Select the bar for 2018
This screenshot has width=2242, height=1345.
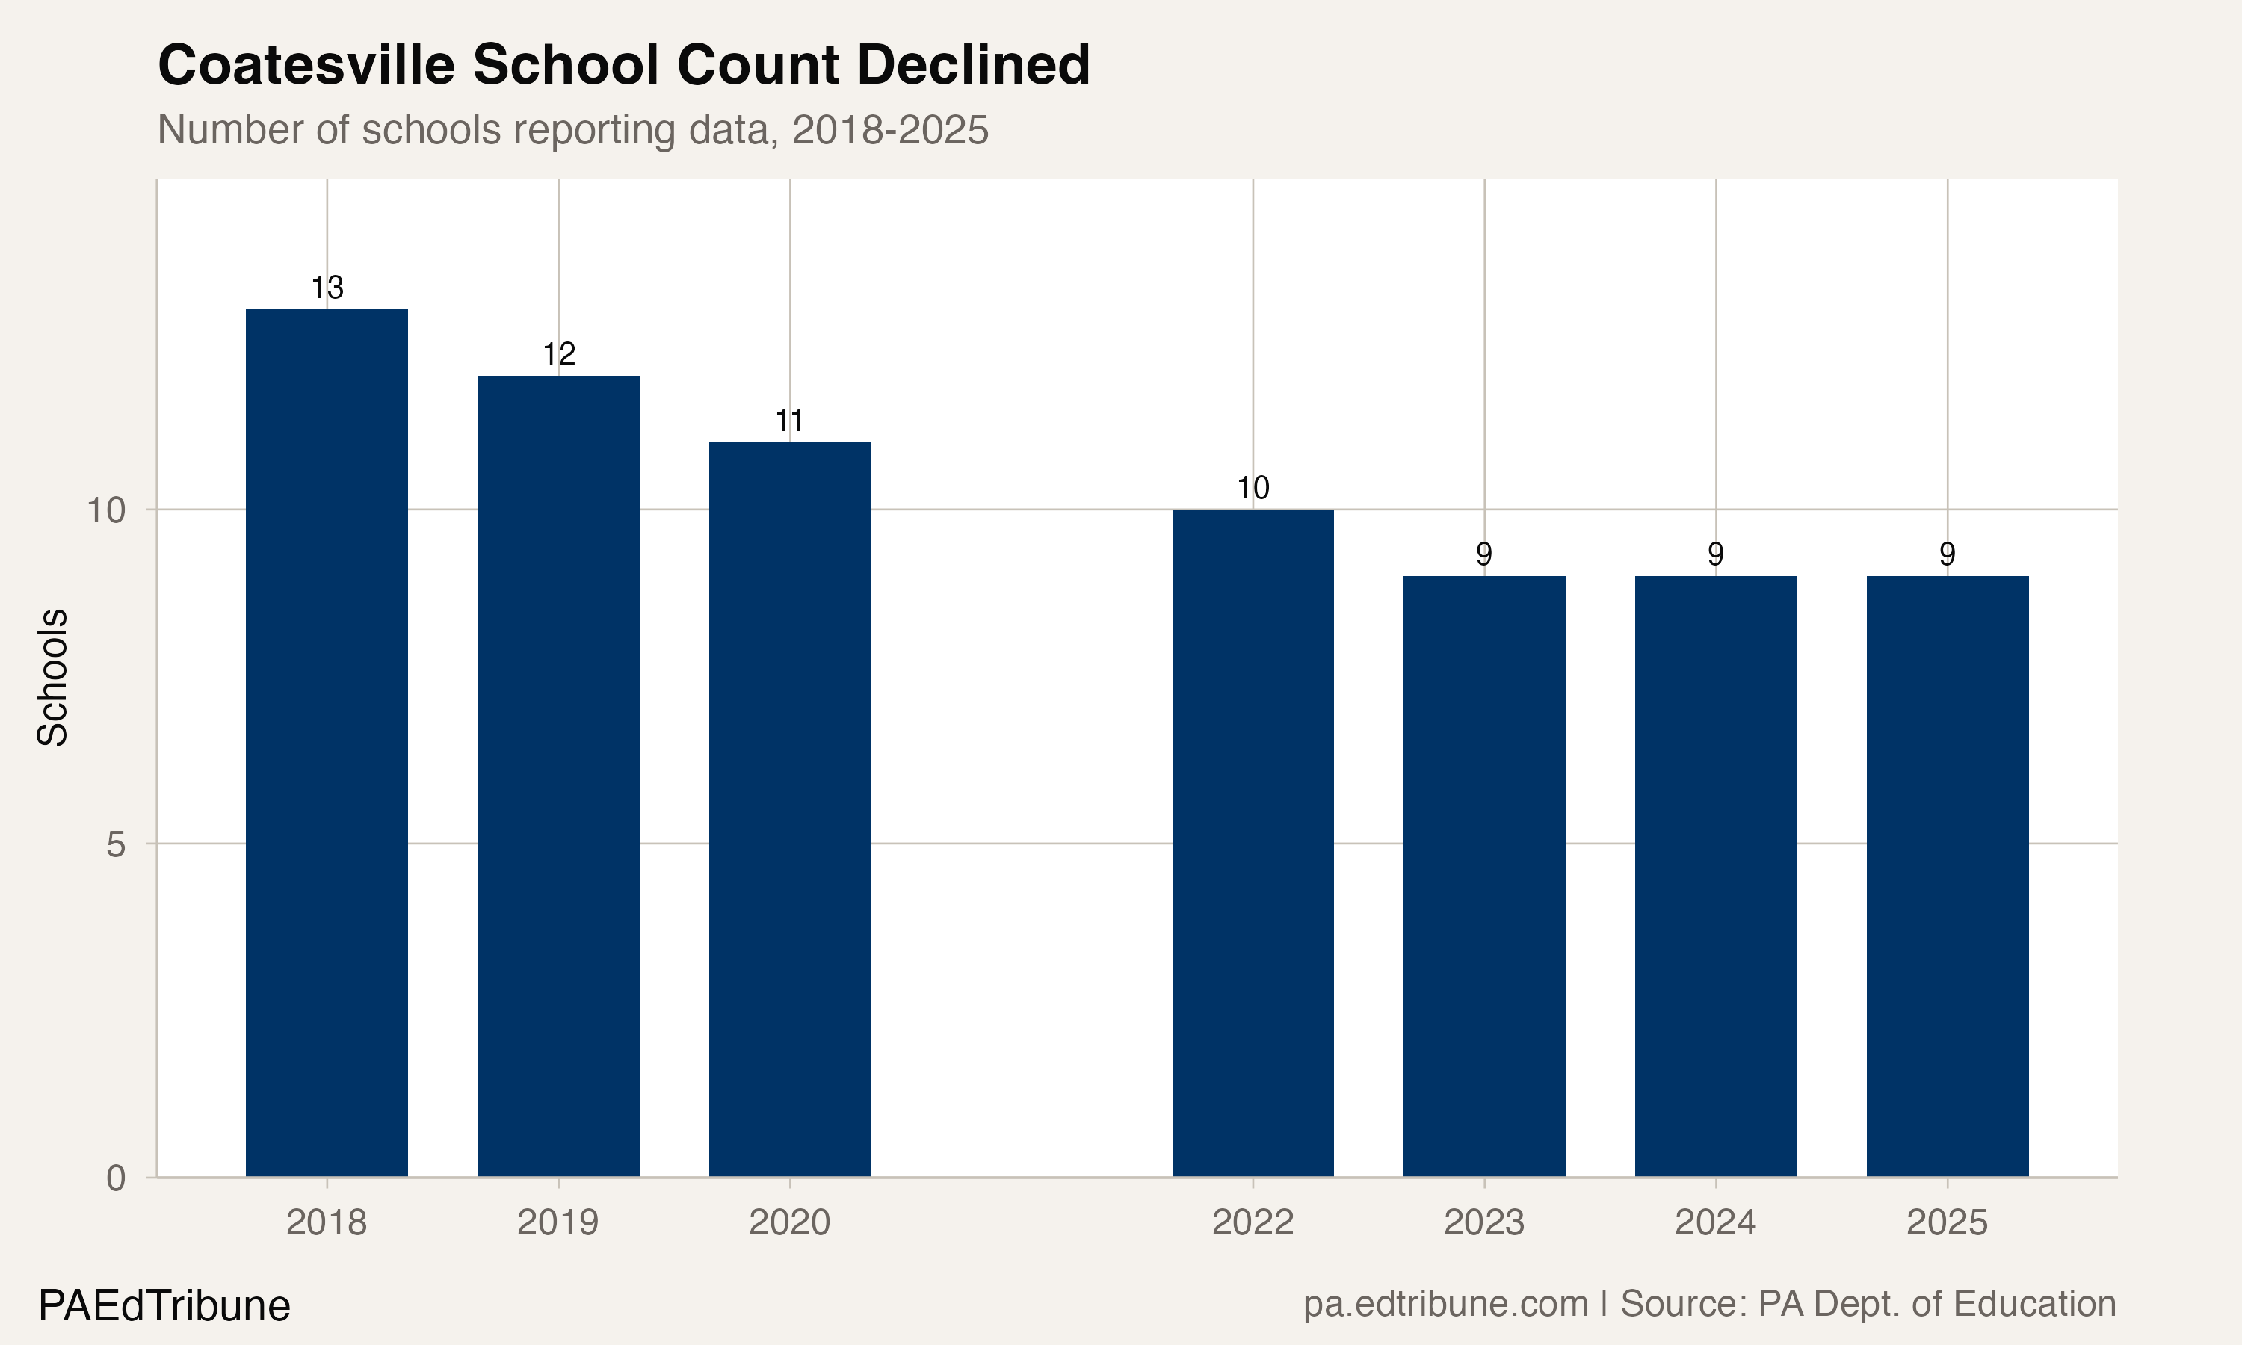[x=327, y=743]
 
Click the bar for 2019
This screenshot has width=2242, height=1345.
[x=558, y=776]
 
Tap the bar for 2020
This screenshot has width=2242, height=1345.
[x=789, y=809]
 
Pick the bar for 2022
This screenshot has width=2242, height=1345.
[x=1253, y=843]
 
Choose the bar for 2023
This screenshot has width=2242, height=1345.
[x=1483, y=876]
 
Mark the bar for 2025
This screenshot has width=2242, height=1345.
[x=1947, y=876]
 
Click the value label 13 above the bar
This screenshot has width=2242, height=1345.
[x=327, y=288]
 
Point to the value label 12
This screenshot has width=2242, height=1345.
[x=558, y=354]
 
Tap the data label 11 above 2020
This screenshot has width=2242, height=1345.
[x=789, y=421]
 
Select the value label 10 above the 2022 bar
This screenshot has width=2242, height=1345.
[x=1253, y=489]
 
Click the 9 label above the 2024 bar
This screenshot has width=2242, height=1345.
[x=1715, y=554]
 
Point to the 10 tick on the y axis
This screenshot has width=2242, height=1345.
[x=106, y=510]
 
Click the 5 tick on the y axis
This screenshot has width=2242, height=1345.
[x=116, y=844]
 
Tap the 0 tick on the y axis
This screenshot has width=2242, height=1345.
[x=116, y=1178]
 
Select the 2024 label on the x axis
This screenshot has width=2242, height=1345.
[x=1714, y=1222]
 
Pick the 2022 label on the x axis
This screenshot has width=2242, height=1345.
[x=1253, y=1222]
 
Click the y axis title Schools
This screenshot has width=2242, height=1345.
[x=52, y=677]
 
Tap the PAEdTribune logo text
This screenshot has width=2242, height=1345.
[x=164, y=1306]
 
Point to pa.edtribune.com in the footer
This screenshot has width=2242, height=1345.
[x=1445, y=1304]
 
